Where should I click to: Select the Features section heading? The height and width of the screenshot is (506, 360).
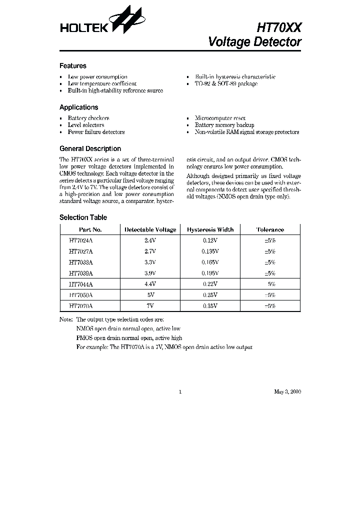pos(73,66)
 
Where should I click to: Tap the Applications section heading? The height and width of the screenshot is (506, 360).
pos(78,107)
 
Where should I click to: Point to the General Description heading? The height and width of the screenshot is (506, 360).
pos(90,149)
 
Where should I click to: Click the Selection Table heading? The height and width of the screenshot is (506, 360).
pos(83,217)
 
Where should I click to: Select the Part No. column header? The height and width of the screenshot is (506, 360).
pos(90,230)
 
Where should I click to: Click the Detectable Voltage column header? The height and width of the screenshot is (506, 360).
pos(150,230)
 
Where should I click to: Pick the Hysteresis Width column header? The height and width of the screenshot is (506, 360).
pos(210,230)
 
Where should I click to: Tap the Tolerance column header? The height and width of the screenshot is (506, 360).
pos(270,230)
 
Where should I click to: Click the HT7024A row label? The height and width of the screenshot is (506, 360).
pos(81,240)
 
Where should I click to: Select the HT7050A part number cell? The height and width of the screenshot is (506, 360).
pos(81,295)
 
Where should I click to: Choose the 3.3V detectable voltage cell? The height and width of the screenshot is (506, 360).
pos(150,262)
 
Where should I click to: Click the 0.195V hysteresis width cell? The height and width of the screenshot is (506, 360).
pos(210,273)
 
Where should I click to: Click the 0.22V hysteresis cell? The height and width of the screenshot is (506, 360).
pos(210,284)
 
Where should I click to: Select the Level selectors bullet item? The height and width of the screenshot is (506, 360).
pos(86,125)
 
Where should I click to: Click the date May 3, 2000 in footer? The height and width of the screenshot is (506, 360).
pos(287,392)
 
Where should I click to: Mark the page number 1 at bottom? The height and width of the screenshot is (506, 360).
pos(180,392)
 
